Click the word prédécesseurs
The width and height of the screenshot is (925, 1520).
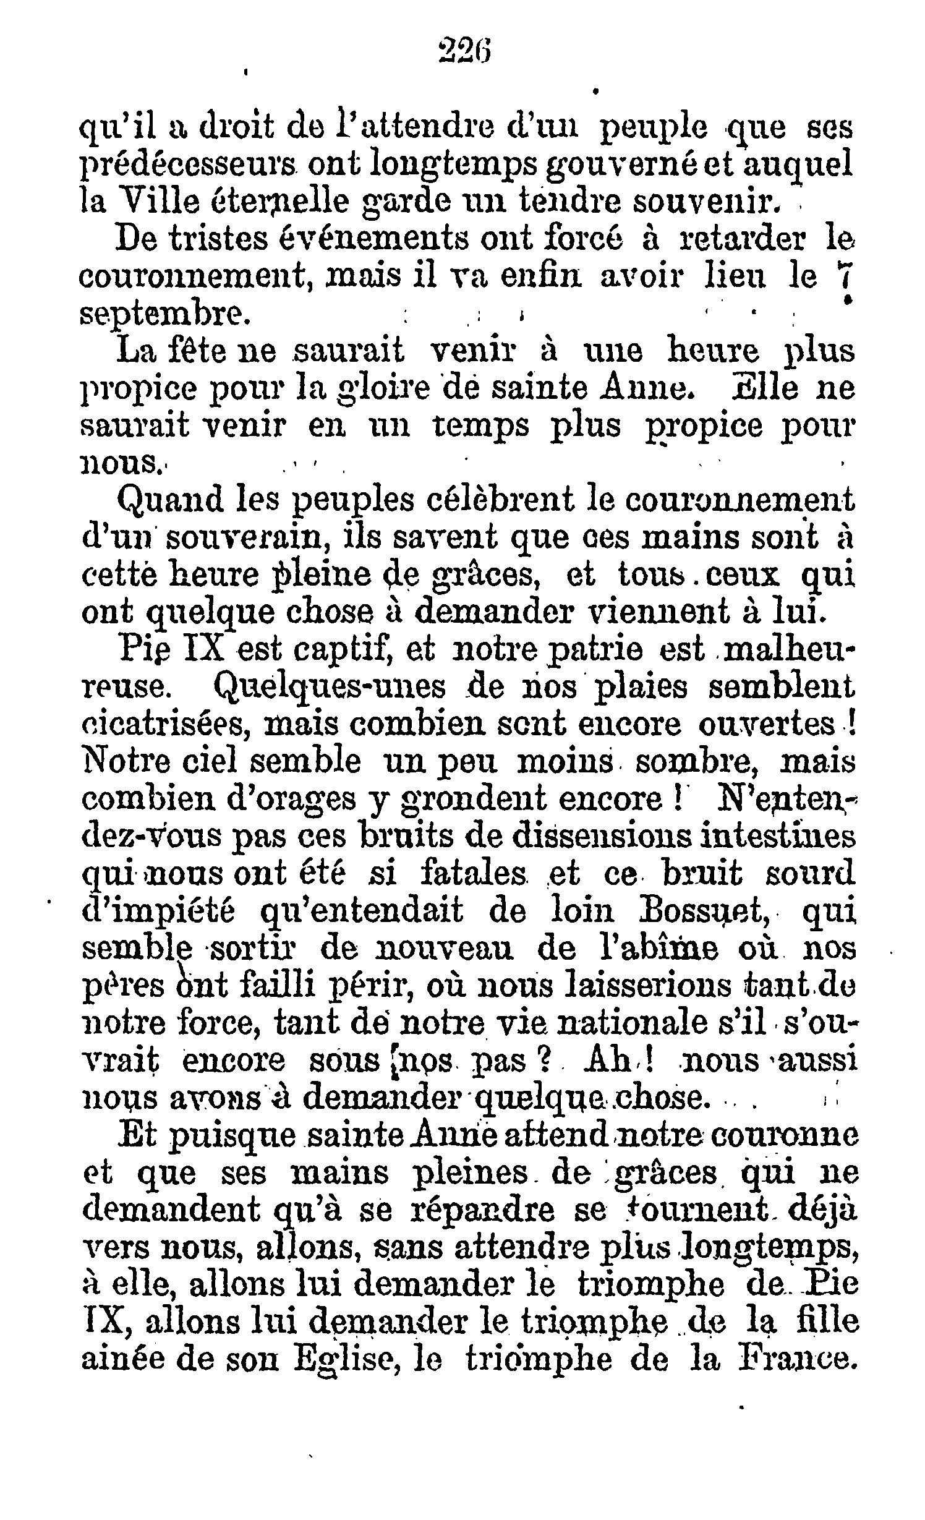(x=192, y=166)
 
